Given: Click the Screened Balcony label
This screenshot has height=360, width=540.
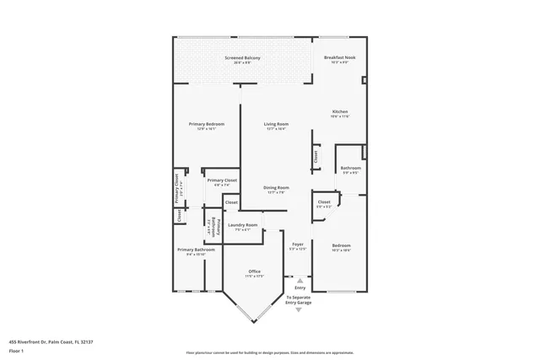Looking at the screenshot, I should pos(242,57).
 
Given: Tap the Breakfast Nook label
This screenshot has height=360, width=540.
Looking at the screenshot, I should pos(340,57).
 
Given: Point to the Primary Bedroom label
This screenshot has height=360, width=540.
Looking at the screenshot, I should pos(207,125).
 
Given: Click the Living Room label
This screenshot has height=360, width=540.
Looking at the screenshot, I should pos(277,125).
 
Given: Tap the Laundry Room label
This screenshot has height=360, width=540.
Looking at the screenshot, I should pos(242,225).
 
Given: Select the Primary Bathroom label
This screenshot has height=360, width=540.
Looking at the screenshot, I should pos(197,250).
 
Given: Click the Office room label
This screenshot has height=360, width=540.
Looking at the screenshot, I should pos(254,271).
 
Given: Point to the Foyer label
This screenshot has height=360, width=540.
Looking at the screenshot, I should pos(297,245).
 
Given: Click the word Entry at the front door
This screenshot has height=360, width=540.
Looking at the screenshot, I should pos(300,287).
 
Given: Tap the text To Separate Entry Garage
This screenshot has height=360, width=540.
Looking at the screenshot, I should pos(299,300).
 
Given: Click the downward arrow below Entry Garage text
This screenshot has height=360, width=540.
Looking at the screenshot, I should pos(298,310).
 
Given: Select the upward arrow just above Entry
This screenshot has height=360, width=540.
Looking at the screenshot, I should pos(298,279).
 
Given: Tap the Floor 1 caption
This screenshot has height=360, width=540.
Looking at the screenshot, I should pos(16,350).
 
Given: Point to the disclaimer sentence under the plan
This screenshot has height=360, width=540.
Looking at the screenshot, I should pos(269,352).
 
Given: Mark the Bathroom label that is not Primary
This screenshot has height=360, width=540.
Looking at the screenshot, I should pos(350,168).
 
